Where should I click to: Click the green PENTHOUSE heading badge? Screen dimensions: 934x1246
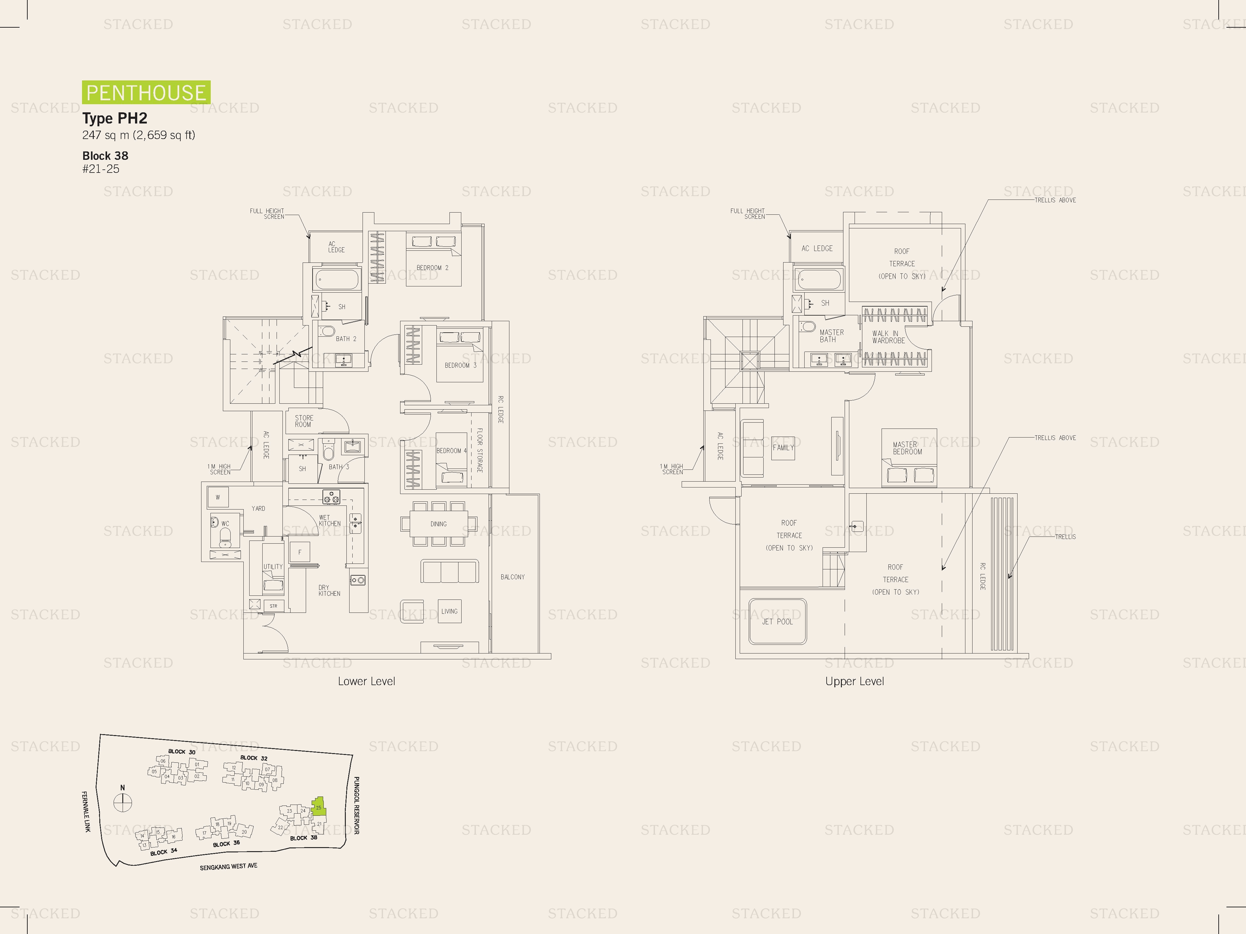146,92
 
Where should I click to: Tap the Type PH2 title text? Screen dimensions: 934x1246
115,118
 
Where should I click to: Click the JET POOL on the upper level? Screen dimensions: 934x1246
777,622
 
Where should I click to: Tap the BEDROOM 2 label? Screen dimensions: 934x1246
432,268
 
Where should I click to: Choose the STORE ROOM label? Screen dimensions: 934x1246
304,421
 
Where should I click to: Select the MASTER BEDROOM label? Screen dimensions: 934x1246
907,448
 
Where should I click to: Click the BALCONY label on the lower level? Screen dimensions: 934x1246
512,577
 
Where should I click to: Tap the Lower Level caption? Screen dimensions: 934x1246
366,681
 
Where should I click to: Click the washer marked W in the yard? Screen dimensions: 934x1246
217,497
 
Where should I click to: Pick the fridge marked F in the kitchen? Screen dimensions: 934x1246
300,552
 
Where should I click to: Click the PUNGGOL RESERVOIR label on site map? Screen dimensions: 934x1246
357,805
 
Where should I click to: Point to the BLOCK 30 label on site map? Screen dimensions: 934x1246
181,752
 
